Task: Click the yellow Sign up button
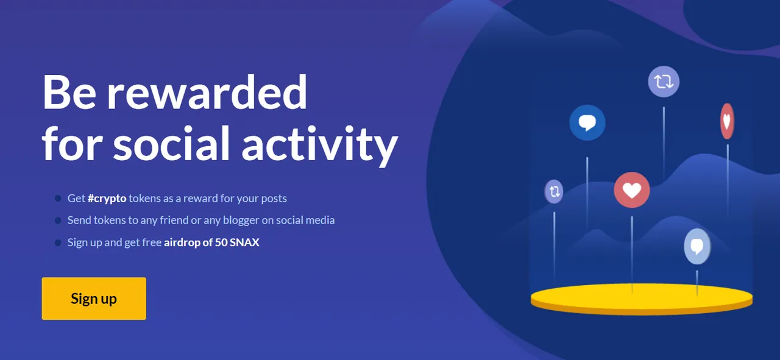[x=94, y=298]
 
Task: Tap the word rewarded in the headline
[x=207, y=93]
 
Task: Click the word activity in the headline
[x=320, y=146]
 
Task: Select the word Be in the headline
[x=69, y=93]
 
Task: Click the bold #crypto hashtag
[x=107, y=199]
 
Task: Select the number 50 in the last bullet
[x=221, y=242]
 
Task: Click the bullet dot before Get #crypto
[x=58, y=199]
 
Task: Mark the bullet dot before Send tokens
[x=58, y=221]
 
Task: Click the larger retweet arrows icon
[x=664, y=82]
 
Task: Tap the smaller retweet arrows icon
[x=554, y=191]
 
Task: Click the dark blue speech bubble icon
[x=587, y=122]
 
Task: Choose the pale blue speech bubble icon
[x=697, y=247]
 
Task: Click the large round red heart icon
[x=632, y=190]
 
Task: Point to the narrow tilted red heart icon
[x=727, y=121]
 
